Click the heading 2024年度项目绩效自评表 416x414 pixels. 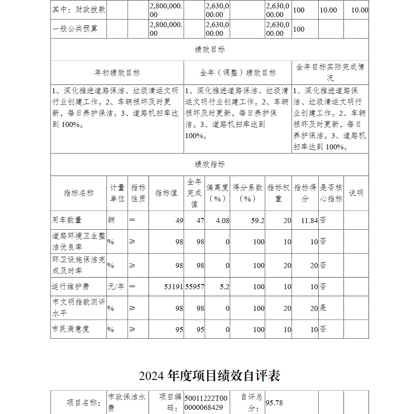[x=209, y=376]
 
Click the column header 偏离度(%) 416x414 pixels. [x=218, y=193]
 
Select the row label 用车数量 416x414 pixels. [x=67, y=220]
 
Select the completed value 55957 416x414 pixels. [x=195, y=287]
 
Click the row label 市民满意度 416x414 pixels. [x=71, y=329]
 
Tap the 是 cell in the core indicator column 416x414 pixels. [x=323, y=308]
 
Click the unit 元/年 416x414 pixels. [x=116, y=287]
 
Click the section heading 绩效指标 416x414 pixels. [x=210, y=164]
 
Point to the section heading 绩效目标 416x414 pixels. [x=210, y=50]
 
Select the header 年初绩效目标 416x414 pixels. [x=117, y=73]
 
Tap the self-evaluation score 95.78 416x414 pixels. [x=274, y=403]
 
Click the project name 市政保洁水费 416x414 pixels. [x=127, y=402]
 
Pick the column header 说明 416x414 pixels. [x=356, y=193]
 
